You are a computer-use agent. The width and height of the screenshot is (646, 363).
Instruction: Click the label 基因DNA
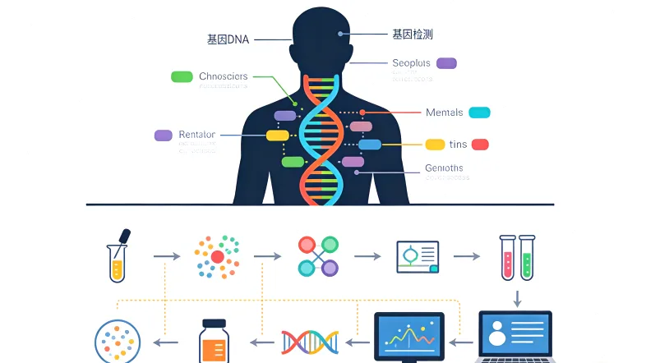[228, 39]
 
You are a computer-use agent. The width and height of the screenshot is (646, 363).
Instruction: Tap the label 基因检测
[413, 34]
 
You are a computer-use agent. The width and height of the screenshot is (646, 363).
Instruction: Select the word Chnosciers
[223, 76]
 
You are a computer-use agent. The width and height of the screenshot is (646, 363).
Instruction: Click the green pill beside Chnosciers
[182, 76]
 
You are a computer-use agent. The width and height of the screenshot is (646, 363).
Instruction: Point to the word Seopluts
[411, 63]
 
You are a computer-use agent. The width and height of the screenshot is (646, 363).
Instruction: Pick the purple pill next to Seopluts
[446, 63]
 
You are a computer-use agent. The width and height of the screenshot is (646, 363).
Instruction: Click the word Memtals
[444, 113]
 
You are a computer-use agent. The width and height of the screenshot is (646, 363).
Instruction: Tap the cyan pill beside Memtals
[479, 113]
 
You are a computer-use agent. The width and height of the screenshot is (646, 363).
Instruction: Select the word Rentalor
[196, 135]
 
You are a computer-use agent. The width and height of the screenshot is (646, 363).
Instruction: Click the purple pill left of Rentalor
[164, 136]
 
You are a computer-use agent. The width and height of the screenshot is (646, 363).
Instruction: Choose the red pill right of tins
[480, 145]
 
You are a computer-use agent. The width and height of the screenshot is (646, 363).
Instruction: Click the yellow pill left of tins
[435, 145]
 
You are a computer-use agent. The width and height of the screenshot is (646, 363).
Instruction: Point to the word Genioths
[444, 168]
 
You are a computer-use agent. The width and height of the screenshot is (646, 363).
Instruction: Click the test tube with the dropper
[119, 255]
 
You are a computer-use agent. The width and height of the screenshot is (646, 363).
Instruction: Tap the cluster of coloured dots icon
[217, 256]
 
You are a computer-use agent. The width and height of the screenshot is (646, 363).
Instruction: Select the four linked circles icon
[318, 255]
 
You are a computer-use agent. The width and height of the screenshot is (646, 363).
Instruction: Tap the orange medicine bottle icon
[214, 341]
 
